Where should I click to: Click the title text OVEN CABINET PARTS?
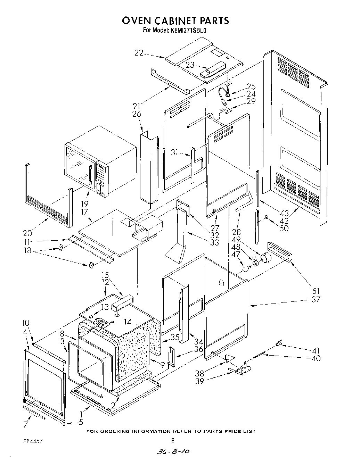pyautogui.click(x=175, y=21)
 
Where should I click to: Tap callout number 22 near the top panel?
pyautogui.click(x=139, y=53)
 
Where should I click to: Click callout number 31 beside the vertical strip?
pyautogui.click(x=175, y=152)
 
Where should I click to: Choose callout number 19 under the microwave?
pyautogui.click(x=84, y=204)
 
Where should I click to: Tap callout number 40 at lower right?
pyautogui.click(x=316, y=358)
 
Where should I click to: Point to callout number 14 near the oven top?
pyautogui.click(x=127, y=322)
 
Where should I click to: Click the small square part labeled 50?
pyautogui.click(x=267, y=217)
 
